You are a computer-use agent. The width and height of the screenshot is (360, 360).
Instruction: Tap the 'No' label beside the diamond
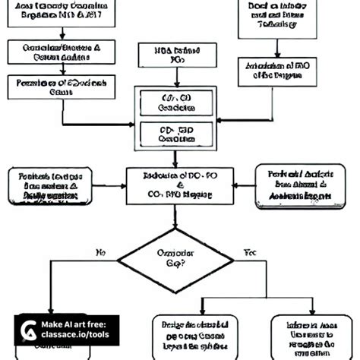pyautogui.click(x=100, y=251)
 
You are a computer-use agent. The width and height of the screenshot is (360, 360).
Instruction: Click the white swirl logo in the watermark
pyautogui.click(x=30, y=333)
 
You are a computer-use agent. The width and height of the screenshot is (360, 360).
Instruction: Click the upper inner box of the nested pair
pyautogui.click(x=175, y=103)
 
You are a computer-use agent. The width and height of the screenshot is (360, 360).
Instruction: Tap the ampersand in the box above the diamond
pyautogui.click(x=179, y=185)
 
